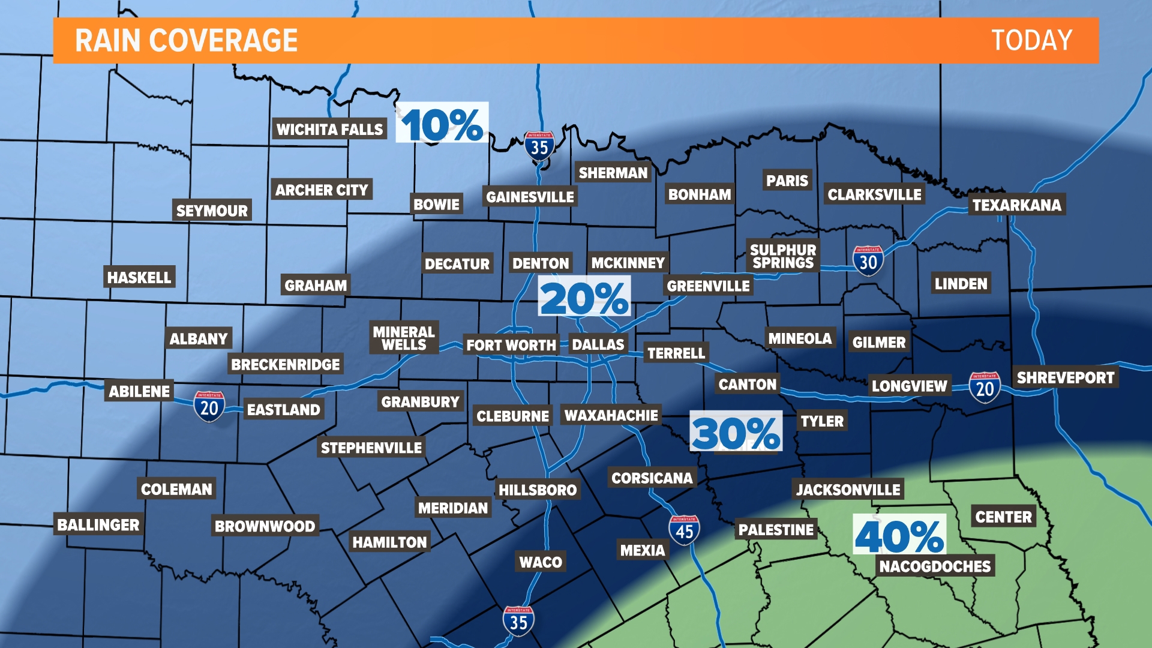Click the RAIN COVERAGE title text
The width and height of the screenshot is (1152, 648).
pyautogui.click(x=186, y=41)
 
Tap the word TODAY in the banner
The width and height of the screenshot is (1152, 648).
pyautogui.click(x=1031, y=41)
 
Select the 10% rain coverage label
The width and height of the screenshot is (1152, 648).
pyautogui.click(x=442, y=124)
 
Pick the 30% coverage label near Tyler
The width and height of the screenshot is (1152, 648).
pyautogui.click(x=736, y=432)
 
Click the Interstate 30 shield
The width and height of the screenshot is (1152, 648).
pyautogui.click(x=868, y=261)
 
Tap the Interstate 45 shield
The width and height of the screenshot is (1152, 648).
pyautogui.click(x=684, y=530)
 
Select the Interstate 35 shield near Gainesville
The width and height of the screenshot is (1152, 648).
pyautogui.click(x=539, y=146)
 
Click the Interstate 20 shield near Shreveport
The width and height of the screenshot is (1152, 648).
pyautogui.click(x=984, y=388)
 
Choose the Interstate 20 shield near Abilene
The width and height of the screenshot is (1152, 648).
pyautogui.click(x=209, y=407)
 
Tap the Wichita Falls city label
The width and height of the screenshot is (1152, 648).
pyautogui.click(x=329, y=129)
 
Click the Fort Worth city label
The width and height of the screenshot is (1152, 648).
pyautogui.click(x=511, y=345)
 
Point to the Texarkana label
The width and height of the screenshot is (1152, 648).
pyautogui.click(x=1016, y=205)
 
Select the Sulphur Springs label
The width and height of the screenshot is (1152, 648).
pyautogui.click(x=783, y=256)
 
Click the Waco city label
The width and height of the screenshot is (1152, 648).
pyautogui.click(x=540, y=562)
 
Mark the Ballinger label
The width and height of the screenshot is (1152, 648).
pyautogui.click(x=98, y=525)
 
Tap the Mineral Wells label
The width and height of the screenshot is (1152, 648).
pyautogui.click(x=404, y=338)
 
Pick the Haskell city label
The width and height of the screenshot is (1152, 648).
pyautogui.click(x=139, y=277)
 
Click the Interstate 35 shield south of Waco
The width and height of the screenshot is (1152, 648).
pyautogui.click(x=518, y=622)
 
